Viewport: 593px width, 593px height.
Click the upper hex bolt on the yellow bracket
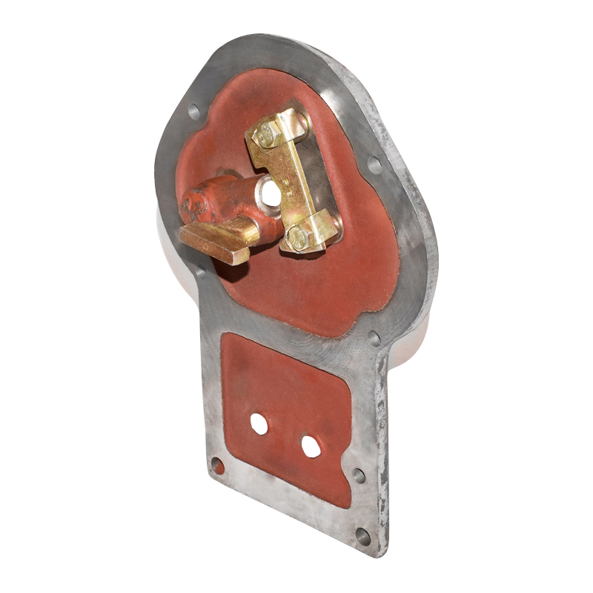pyautogui.click(x=265, y=134)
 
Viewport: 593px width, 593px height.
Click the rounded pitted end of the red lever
pyautogui.click(x=194, y=202)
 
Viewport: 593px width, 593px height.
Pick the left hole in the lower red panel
pyautogui.click(x=259, y=423)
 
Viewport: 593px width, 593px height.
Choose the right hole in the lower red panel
pyautogui.click(x=311, y=446)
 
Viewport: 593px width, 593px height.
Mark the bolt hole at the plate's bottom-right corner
pyautogui.click(x=362, y=535)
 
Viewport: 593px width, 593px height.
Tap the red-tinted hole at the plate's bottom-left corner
pyautogui.click(x=217, y=466)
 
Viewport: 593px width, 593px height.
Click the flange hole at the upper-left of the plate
pyautogui.click(x=193, y=111)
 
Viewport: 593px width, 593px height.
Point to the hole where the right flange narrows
pyautogui.click(x=374, y=339)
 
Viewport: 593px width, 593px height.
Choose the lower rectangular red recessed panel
pyautogui.click(x=289, y=415)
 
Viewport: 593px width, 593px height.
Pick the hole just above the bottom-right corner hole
pyautogui.click(x=360, y=475)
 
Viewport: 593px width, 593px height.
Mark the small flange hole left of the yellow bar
pyautogui.click(x=201, y=272)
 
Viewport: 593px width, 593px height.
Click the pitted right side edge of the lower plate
pyautogui.click(x=382, y=445)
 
